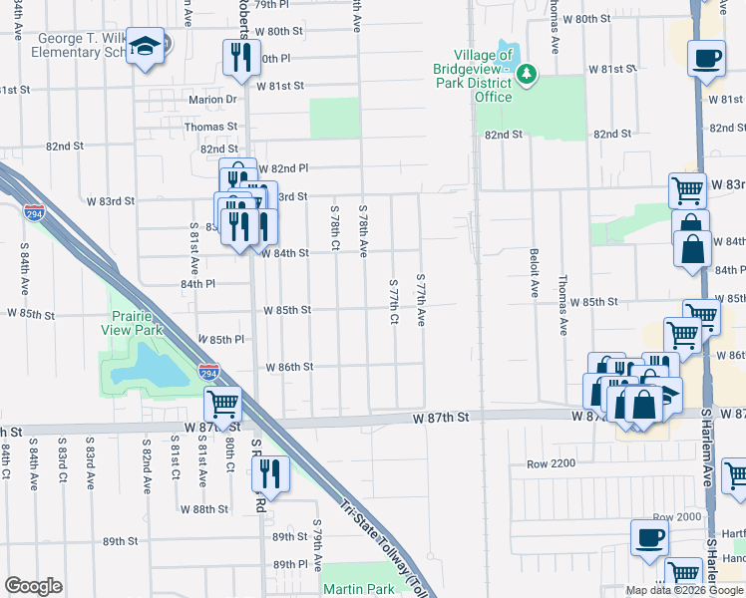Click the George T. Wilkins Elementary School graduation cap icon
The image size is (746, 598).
[147, 47]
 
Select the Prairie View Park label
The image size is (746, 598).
[138, 324]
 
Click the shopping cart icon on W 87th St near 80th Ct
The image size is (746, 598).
[221, 405]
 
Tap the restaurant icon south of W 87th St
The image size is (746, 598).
[272, 473]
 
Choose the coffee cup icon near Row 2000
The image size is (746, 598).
[648, 540]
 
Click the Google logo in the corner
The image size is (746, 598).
[33, 586]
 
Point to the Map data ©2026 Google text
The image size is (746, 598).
[684, 590]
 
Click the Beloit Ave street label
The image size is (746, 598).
[535, 274]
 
